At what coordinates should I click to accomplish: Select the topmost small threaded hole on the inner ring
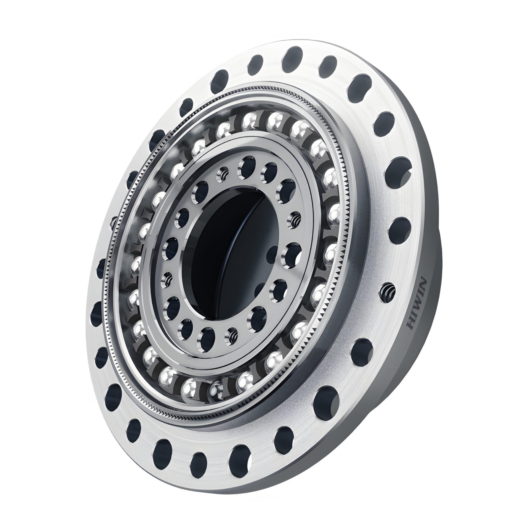click(223, 174)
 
